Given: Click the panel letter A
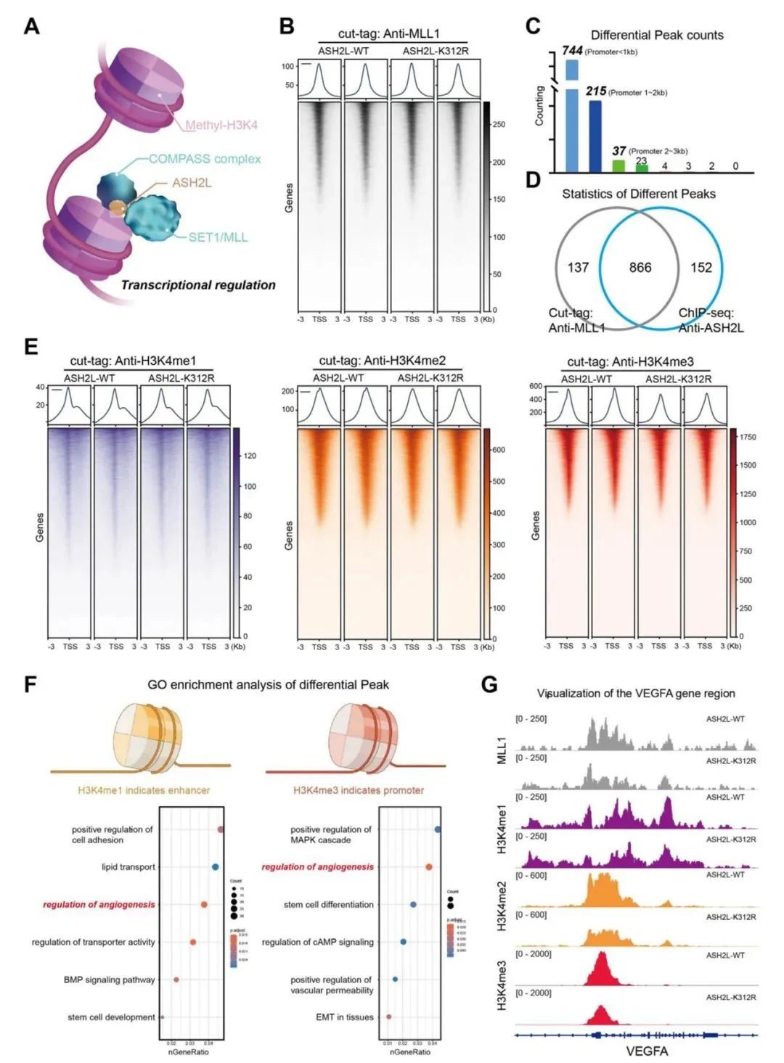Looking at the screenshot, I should (x=31, y=27).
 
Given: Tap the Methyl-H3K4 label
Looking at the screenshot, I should (x=221, y=125).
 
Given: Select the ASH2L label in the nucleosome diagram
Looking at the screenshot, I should (x=192, y=183).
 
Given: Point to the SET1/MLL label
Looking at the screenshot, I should (x=218, y=237).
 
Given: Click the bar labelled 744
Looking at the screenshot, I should (x=571, y=116).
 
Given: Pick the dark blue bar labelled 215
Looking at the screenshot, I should (x=595, y=136).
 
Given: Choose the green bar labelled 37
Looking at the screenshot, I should (x=618, y=166).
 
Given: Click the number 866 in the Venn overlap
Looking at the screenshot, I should (x=640, y=268).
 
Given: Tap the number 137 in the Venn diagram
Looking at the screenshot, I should (x=578, y=268).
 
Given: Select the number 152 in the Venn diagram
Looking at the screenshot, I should (x=701, y=268).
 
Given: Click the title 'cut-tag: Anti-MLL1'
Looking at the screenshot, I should (x=388, y=34).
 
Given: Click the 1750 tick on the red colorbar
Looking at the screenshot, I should (x=746, y=437).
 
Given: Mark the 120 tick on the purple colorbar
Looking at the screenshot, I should (x=249, y=456).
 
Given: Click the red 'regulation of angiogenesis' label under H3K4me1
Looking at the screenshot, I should (x=99, y=905).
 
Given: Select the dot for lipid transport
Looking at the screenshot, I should (x=215, y=867).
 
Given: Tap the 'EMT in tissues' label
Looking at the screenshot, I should (x=345, y=1017).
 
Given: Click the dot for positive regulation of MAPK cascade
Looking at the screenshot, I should (x=438, y=829).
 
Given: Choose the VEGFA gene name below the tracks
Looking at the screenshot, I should (x=646, y=1051).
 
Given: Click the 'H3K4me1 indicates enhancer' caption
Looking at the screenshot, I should (x=144, y=790).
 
